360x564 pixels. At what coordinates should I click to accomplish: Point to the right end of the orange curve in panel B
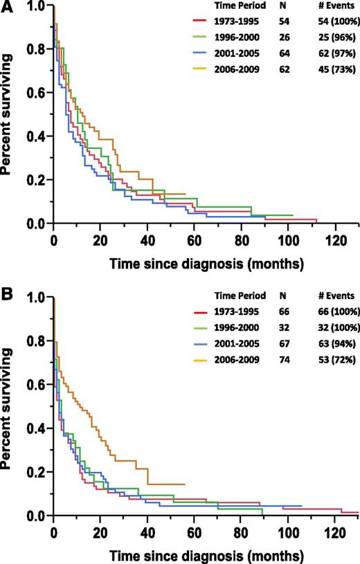pyautogui.click(x=185, y=484)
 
